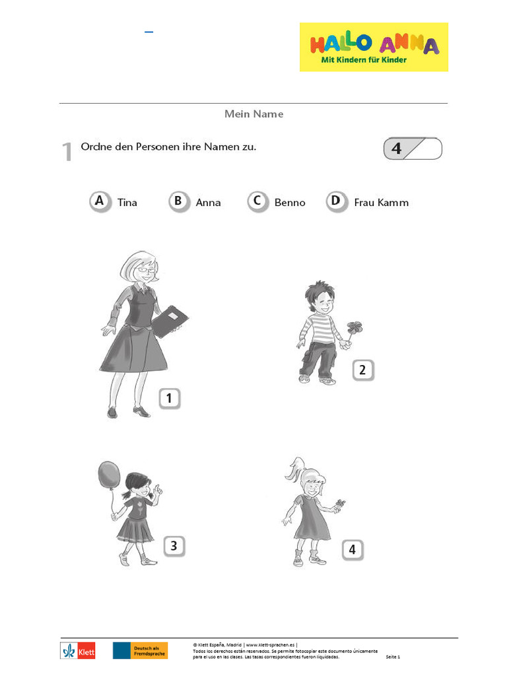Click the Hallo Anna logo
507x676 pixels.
[374, 47]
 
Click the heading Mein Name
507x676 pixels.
[253, 114]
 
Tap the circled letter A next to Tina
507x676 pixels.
[100, 201]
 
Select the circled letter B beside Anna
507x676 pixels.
[178, 201]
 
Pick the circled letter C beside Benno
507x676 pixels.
[257, 201]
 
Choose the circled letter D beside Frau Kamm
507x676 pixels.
[336, 201]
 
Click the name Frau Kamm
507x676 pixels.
[381, 203]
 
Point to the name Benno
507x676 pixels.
[290, 203]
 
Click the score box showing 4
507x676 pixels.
[413, 149]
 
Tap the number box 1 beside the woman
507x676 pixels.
[170, 398]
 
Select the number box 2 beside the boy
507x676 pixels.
[362, 370]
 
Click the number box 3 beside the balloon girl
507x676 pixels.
[174, 545]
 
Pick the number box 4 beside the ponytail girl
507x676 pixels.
[353, 549]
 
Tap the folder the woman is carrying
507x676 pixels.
[170, 321]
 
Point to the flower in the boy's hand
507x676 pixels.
[355, 328]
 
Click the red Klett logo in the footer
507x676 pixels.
[78, 650]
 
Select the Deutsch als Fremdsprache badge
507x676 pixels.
[140, 650]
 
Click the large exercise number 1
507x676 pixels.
[67, 152]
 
